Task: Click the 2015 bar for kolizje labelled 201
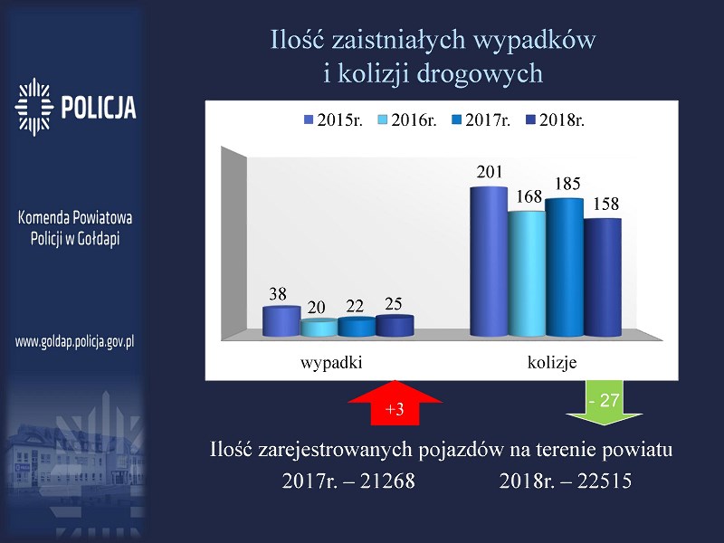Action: tap(489, 262)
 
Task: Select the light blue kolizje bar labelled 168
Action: tap(527, 273)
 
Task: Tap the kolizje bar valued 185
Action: tap(564, 267)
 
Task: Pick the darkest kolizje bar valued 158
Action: tap(603, 277)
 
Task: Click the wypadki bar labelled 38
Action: tap(281, 321)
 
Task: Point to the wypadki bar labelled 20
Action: tap(319, 328)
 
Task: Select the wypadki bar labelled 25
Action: tap(395, 326)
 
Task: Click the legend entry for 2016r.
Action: tap(406, 120)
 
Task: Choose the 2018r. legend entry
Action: tap(555, 120)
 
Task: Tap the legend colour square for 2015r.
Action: tap(309, 120)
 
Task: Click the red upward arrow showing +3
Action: tap(395, 403)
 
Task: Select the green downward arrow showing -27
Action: tap(605, 403)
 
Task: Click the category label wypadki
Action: tap(331, 363)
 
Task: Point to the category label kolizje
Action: tap(552, 363)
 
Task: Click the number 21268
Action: tap(387, 481)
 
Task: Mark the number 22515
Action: tap(605, 481)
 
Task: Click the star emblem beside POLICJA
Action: tap(33, 107)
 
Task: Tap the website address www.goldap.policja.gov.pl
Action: tap(75, 342)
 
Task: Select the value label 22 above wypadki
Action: tap(355, 306)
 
